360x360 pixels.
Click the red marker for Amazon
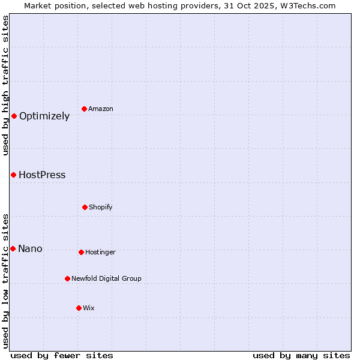click(85, 109)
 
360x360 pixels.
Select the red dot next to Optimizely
click(14, 116)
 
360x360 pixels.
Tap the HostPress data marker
click(13, 175)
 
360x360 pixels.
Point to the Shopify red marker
click(85, 207)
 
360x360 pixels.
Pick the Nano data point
click(13, 248)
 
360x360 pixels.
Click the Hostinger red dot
click(81, 252)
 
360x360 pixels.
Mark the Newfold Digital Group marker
click(67, 278)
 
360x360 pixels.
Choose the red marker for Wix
click(79, 308)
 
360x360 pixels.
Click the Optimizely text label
click(44, 116)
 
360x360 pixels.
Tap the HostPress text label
click(42, 175)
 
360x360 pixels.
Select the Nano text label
click(30, 249)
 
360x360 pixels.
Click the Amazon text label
click(101, 109)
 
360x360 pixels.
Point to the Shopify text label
click(101, 208)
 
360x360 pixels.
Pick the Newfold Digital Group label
click(106, 278)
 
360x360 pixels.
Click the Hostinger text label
click(100, 253)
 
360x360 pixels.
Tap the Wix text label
click(89, 308)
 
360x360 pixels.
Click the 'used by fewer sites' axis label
click(62, 355)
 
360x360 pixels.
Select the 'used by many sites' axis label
click(301, 355)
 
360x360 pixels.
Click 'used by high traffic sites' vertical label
click(5, 85)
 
